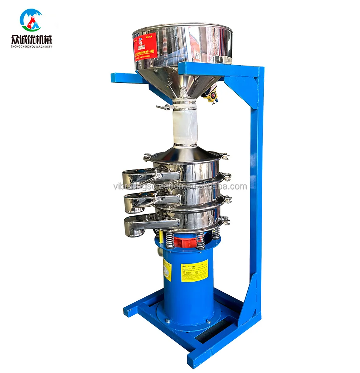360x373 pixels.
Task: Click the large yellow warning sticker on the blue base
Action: (x=194, y=271)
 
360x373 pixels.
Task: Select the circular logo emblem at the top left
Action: (x=31, y=20)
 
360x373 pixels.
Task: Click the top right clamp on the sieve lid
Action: (x=224, y=156)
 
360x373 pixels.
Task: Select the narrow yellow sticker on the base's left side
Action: (x=167, y=269)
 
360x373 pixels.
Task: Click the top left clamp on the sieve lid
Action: (x=147, y=157)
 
